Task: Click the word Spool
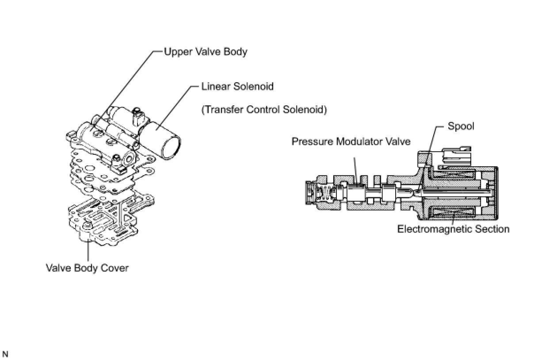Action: point(461,126)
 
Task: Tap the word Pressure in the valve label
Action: point(312,142)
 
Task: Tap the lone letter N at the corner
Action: point(5,354)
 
